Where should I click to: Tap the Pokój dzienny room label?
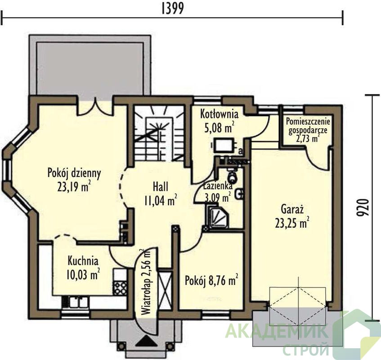pos(74,174)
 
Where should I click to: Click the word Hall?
pos(161,187)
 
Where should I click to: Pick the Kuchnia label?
pos(83,261)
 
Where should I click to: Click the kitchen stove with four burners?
pos(120,287)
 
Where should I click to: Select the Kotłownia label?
pos(219,114)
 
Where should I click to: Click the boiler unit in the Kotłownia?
pos(224,145)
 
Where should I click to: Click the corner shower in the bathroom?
pos(217,216)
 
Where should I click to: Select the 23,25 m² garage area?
pos(292,223)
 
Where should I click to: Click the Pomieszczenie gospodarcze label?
pos(308,126)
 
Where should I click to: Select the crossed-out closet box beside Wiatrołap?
pos(165,291)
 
